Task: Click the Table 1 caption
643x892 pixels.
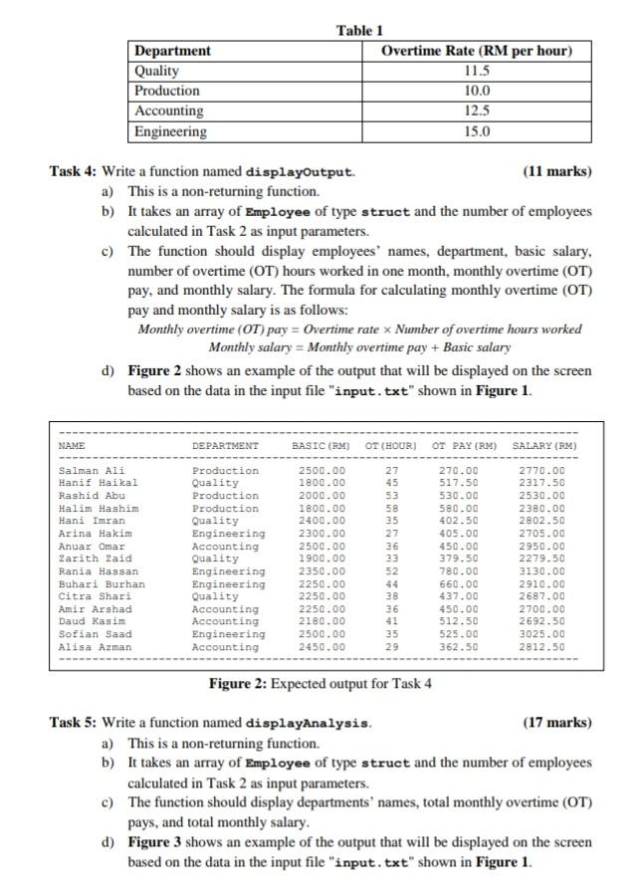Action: [x=360, y=31]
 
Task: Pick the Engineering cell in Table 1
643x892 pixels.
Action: [x=171, y=131]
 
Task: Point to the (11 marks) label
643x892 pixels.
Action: [x=556, y=171]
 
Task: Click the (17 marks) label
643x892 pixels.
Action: [x=556, y=722]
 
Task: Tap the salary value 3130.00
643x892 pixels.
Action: [x=543, y=571]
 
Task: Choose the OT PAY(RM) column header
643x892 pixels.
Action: [x=465, y=445]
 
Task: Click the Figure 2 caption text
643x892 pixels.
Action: [x=320, y=683]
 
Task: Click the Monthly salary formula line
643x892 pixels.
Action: [x=359, y=346]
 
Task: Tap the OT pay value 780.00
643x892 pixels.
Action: [x=459, y=571]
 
